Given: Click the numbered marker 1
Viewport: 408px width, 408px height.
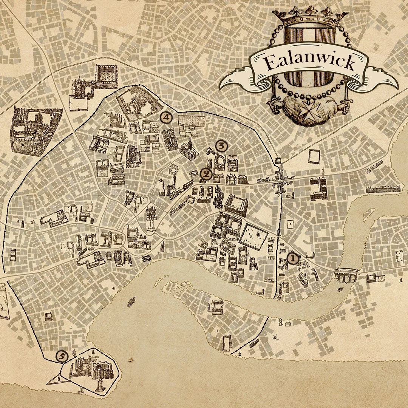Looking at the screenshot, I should click(x=293, y=259).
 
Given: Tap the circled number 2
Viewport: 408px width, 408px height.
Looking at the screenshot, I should click(x=206, y=174).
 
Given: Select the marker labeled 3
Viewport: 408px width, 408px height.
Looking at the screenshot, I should click(x=221, y=145).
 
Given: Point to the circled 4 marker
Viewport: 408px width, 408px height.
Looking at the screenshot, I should click(x=166, y=117).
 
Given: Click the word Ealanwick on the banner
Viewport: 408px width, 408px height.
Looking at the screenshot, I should click(x=309, y=63).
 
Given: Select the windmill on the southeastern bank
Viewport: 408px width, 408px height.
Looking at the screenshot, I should click(x=275, y=336).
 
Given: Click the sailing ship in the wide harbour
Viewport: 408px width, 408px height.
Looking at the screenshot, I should click(x=132, y=301).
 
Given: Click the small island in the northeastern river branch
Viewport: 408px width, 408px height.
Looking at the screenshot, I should click(x=366, y=214).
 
